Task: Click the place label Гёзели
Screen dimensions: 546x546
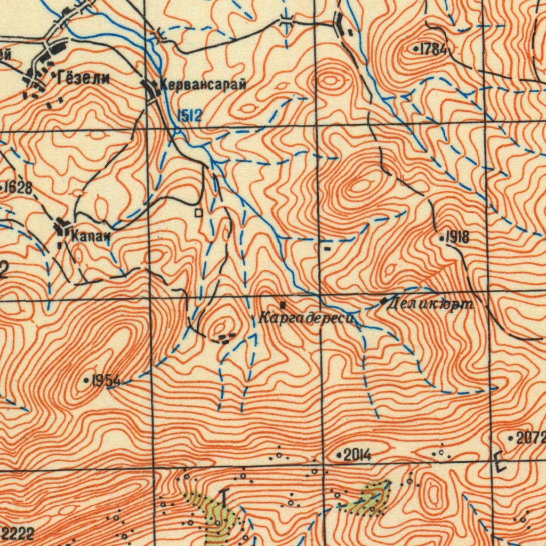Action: click(82, 79)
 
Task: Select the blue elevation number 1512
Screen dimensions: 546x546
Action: click(189, 116)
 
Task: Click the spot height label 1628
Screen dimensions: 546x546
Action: click(18, 187)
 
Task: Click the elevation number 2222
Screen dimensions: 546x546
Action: click(18, 533)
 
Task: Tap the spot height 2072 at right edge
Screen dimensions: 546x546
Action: click(531, 439)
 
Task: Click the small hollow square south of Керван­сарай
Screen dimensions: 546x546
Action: click(199, 213)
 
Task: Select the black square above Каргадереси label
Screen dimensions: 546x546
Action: click(283, 306)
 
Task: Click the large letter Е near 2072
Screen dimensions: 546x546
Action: click(499, 462)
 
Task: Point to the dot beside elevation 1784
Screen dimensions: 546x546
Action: click(416, 49)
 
